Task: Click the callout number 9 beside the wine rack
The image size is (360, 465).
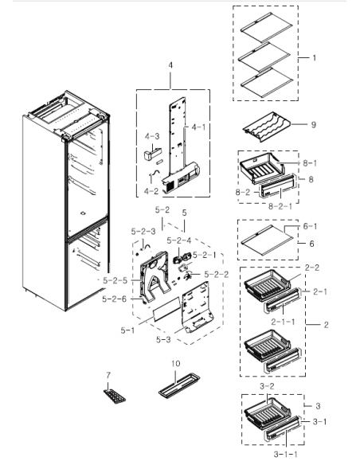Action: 314,124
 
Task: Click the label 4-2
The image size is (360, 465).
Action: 151,192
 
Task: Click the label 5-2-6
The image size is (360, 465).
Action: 115,299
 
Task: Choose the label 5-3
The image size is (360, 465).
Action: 163,340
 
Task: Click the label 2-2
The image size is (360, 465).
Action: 312,268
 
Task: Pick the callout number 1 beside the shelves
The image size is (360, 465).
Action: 313,57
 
